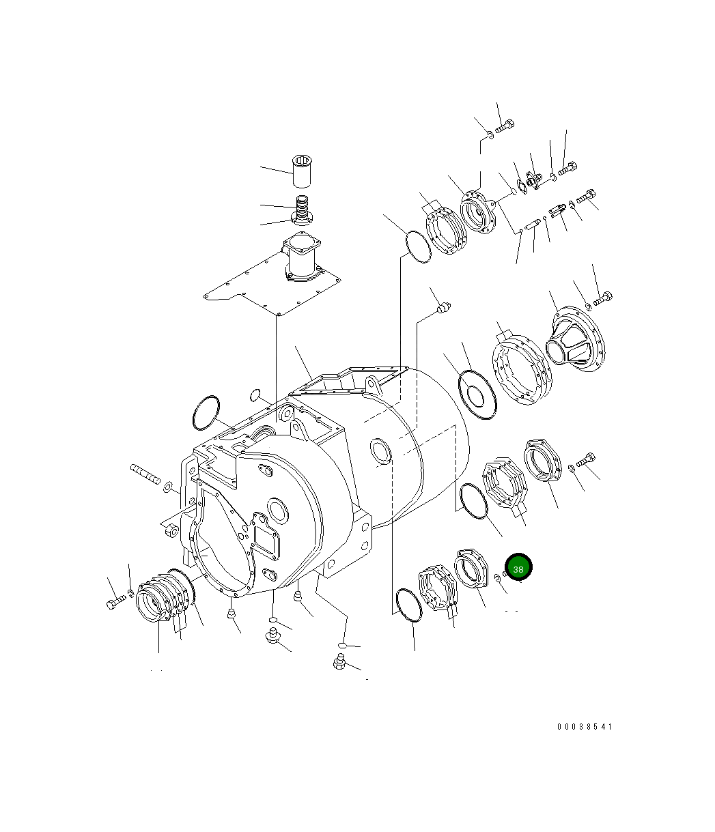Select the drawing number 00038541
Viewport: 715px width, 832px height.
click(584, 727)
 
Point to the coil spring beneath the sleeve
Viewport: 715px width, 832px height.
click(302, 204)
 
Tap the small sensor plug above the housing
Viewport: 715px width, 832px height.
click(443, 310)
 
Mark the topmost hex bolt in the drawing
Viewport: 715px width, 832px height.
click(505, 126)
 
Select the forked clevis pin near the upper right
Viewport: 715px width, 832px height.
click(558, 207)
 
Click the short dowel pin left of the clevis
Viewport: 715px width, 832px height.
click(533, 223)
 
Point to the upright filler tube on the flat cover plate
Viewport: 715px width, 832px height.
click(302, 257)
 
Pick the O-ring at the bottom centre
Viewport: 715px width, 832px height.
click(409, 605)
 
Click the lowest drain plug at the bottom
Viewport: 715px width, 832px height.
click(339, 661)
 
